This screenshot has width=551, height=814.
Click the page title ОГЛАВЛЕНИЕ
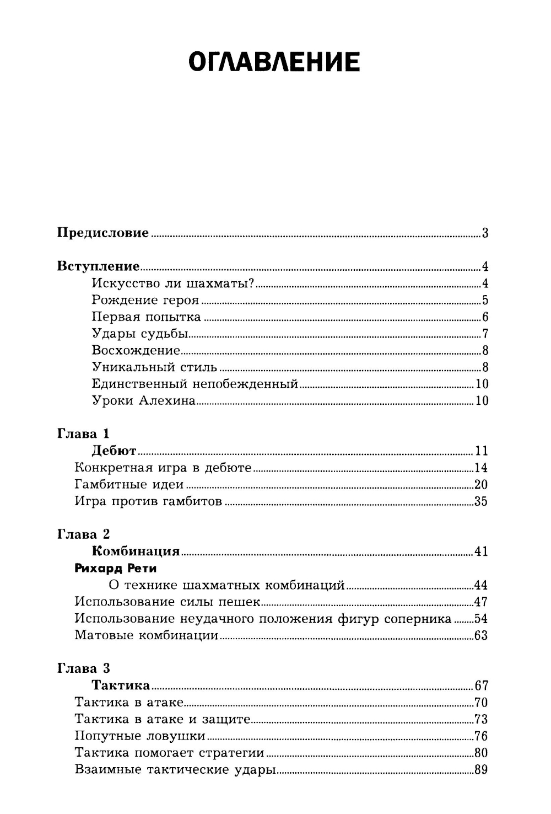[274, 62]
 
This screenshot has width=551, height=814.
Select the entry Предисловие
[103, 233]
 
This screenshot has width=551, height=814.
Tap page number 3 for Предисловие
[485, 233]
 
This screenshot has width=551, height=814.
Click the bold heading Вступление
[99, 267]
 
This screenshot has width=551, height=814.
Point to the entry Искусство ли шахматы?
[172, 284]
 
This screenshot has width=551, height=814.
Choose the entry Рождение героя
[145, 301]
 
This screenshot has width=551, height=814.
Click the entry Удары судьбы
[140, 334]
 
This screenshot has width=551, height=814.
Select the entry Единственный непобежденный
[195, 384]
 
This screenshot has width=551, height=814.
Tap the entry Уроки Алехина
[143, 401]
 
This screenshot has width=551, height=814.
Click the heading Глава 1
[84, 434]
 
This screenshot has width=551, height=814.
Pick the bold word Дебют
[114, 451]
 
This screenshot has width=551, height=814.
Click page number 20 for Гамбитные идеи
[480, 485]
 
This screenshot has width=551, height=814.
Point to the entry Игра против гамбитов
[148, 502]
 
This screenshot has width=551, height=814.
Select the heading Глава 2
[84, 534]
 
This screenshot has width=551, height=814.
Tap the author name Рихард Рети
[116, 568]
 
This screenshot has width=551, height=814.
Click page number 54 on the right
[480, 619]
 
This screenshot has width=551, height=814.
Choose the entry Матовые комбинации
[147, 635]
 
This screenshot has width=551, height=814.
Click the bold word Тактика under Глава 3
[121, 686]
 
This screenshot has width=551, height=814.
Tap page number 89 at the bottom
[480, 770]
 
